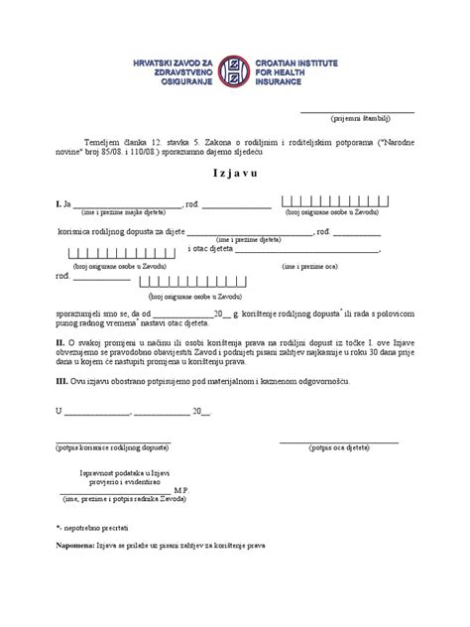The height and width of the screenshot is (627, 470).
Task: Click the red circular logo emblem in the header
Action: pyautogui.click(x=234, y=74)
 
